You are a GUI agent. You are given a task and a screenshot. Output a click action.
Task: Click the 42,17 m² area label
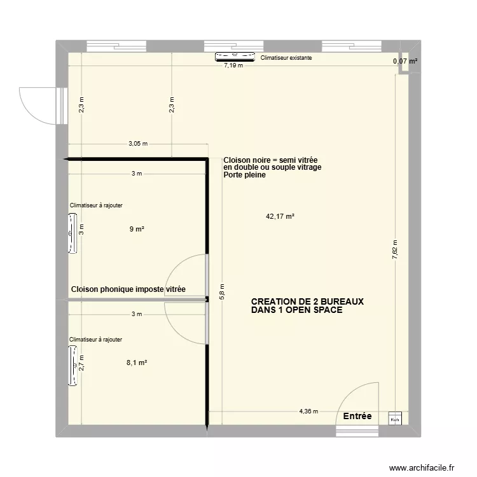point(280,216)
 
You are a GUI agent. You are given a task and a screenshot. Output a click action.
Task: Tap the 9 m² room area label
point(136,229)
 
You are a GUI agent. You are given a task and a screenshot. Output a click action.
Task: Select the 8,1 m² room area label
point(137,363)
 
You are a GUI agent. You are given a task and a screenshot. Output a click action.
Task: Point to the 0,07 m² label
point(405,62)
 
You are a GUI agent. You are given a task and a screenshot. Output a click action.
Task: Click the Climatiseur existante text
point(286,58)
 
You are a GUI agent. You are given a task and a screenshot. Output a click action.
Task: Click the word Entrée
point(357,416)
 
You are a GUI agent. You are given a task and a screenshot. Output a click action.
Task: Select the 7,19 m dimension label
point(233,65)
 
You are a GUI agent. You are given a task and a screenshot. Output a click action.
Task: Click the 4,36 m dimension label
point(308,411)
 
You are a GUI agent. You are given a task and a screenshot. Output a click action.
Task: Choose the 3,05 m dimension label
point(137,144)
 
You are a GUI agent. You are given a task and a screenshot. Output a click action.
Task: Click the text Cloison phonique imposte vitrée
point(128,289)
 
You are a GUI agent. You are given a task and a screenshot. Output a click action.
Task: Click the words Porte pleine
point(244,175)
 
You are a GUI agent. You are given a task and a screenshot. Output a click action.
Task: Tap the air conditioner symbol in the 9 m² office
point(73,234)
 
